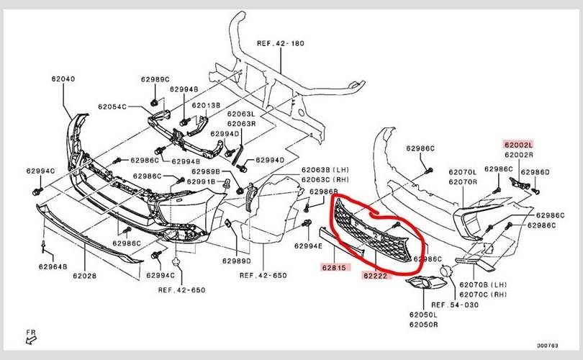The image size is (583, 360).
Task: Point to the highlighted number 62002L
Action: [x=518, y=145]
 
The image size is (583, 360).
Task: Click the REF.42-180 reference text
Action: [x=281, y=43]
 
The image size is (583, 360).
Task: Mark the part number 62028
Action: [x=85, y=275]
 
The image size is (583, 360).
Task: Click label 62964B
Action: [x=52, y=266]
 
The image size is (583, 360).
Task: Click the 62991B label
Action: [x=201, y=181]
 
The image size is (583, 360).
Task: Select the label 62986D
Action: [x=535, y=173]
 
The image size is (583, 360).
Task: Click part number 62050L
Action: [x=423, y=315]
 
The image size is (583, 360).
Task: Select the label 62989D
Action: [x=237, y=260]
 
